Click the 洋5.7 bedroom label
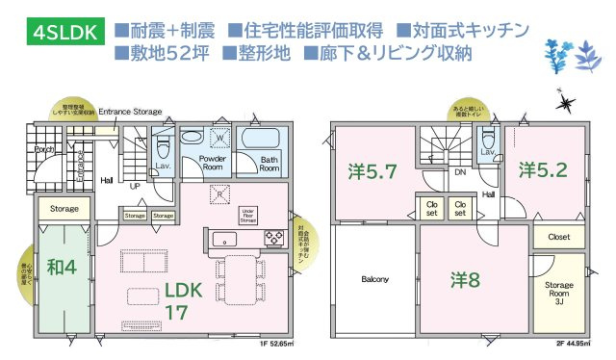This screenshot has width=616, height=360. click(x=372, y=172)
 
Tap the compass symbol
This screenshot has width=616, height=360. click(x=566, y=98)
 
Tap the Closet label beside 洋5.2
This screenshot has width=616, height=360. click(x=558, y=236)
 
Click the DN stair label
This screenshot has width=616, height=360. click(x=460, y=172)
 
